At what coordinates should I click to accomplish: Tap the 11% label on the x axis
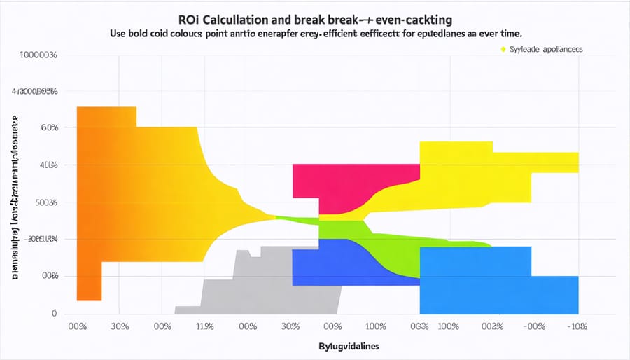tap(204, 326)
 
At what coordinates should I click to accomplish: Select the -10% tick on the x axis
tap(577, 326)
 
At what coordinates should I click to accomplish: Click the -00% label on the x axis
tap(534, 326)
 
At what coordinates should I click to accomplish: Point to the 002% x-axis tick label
tap(491, 326)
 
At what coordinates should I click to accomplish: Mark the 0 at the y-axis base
tap(53, 314)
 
